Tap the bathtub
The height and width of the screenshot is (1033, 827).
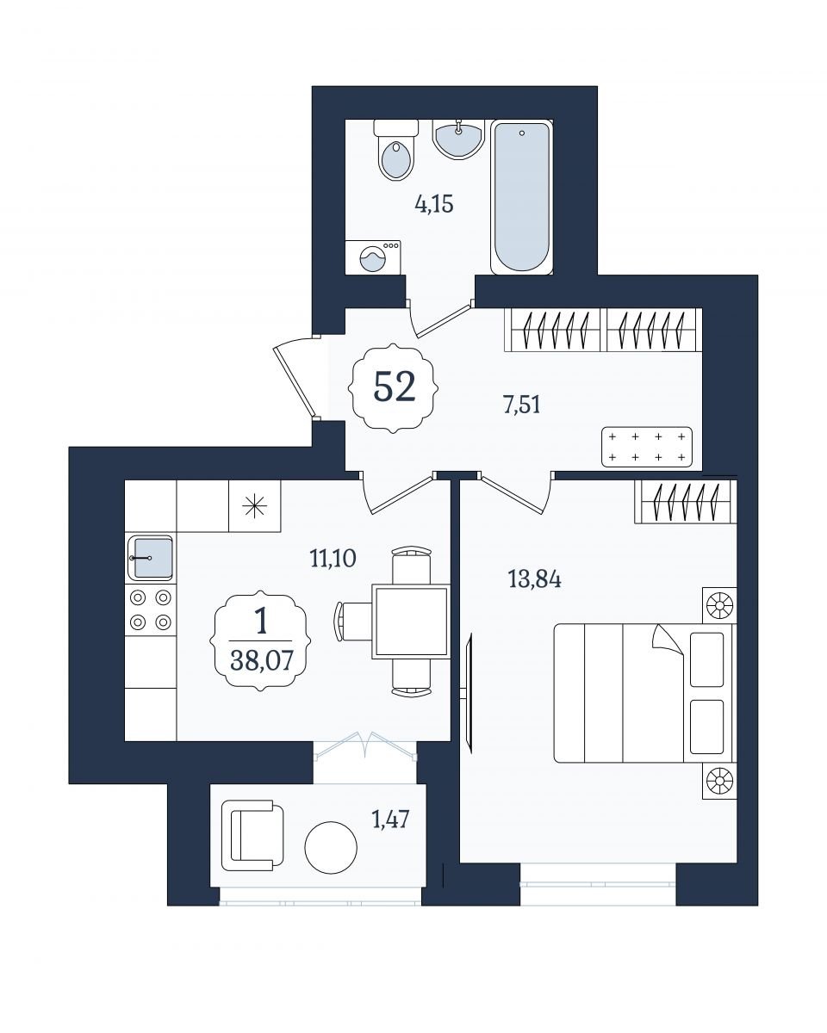(x=521, y=197)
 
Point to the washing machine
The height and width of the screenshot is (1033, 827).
(x=373, y=257)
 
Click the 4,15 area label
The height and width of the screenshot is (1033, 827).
(x=434, y=205)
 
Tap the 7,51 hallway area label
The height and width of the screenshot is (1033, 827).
(x=521, y=405)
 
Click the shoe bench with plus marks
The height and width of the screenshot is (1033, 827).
(x=647, y=447)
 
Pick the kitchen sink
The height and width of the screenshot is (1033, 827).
(x=151, y=558)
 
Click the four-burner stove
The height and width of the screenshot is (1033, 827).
(x=151, y=609)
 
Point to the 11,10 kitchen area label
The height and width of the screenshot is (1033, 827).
(x=333, y=559)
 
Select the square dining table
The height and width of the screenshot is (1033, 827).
(x=411, y=622)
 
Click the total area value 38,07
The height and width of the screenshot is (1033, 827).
(x=261, y=661)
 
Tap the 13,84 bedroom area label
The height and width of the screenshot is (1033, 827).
(x=534, y=579)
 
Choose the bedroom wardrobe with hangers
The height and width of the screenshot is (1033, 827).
(x=685, y=501)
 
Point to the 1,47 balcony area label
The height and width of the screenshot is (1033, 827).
(x=390, y=819)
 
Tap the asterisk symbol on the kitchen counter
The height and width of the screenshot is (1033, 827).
(x=254, y=506)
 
